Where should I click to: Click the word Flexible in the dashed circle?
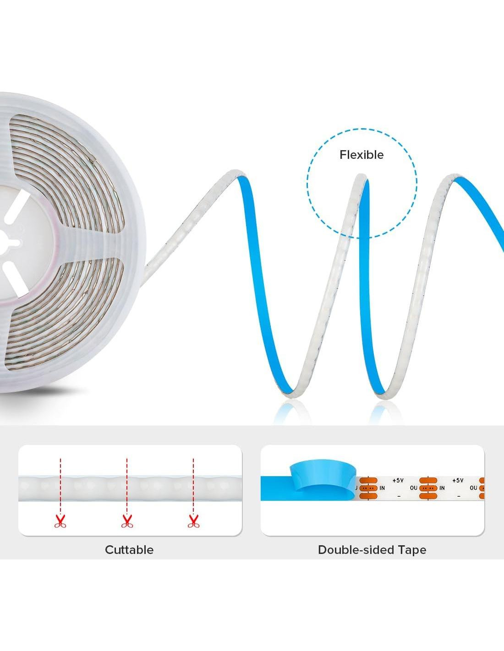pos(361,155)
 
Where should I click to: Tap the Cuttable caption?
pos(129,550)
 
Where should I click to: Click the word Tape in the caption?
pos(411,550)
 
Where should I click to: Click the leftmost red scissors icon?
pos(60,521)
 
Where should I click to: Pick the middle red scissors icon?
pos(127,521)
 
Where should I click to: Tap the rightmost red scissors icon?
pos(193,521)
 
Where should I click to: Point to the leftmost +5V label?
pos(398,481)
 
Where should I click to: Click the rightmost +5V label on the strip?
pos(457,481)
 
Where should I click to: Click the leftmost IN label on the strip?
pos(382,488)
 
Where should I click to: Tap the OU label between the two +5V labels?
pos(413,488)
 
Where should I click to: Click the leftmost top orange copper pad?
pos(368,481)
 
